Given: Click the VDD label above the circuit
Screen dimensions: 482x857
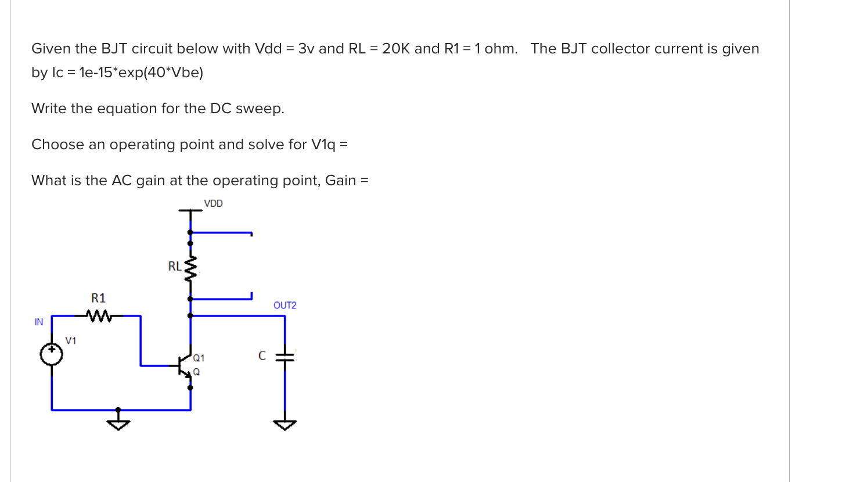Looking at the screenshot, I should point(213,203).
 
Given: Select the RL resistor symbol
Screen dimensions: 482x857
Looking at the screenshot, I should point(190,268).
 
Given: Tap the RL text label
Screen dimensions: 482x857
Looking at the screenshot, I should point(174,267).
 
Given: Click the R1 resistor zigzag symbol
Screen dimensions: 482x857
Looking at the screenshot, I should point(99,316).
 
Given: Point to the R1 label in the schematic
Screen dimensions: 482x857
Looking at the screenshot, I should point(98,298).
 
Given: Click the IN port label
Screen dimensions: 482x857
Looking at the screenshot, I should point(39,322).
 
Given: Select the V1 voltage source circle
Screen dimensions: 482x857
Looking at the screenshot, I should point(52,354).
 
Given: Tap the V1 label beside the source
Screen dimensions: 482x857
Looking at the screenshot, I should point(70,341).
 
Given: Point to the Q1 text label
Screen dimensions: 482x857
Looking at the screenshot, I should point(199,358).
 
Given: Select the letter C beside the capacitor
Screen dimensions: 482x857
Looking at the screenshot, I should point(262,356).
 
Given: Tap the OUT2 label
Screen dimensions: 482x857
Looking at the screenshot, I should point(285,305).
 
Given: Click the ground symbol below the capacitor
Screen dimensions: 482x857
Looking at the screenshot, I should point(285,424).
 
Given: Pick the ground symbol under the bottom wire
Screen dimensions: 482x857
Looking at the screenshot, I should point(118,424).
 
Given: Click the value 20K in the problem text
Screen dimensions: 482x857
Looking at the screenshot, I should point(396,49).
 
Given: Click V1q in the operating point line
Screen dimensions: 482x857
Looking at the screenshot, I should point(323,145).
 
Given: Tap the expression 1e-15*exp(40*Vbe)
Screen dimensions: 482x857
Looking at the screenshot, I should point(141,73).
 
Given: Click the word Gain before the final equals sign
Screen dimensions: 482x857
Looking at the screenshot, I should point(340,181).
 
